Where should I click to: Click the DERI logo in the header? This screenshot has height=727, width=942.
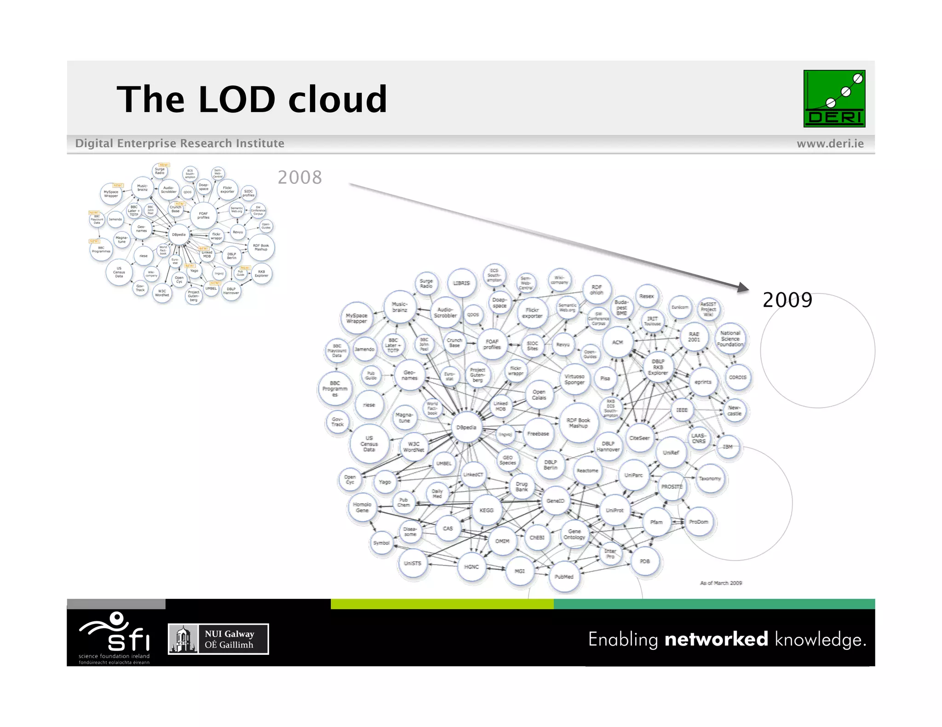point(834,98)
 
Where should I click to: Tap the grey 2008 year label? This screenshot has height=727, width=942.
point(299,177)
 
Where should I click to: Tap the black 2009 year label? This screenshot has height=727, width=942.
point(787,300)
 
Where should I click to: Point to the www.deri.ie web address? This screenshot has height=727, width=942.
point(830,143)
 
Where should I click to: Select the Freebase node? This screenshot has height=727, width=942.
point(538,433)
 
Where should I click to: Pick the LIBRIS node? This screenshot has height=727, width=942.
point(461,283)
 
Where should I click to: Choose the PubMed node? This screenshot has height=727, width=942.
point(564,576)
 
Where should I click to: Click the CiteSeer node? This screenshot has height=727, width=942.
point(639,438)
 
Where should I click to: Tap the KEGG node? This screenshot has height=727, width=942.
point(486,510)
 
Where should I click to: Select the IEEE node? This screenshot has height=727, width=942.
point(682,409)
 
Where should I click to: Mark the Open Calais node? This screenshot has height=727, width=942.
point(539,395)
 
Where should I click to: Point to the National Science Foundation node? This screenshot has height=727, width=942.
point(730,339)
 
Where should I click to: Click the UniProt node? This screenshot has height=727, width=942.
point(615,510)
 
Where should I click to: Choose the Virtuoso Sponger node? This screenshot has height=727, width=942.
point(574,379)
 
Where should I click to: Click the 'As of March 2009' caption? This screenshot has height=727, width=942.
point(721,583)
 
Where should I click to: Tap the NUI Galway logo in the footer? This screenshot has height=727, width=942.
point(218,639)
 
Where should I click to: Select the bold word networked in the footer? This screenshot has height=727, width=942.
point(716,639)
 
